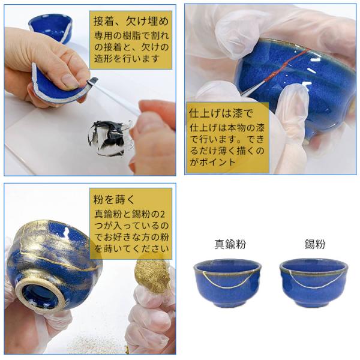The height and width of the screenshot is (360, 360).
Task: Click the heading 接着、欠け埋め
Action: (131, 21)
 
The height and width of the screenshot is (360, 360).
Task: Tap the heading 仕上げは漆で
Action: (221, 113)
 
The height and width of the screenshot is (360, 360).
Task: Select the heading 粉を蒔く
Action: (114, 199)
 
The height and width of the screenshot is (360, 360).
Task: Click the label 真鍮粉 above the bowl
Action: (230, 244)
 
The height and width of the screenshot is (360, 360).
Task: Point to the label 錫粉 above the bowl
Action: (315, 244)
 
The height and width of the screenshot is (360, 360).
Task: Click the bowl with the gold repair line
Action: (228, 283)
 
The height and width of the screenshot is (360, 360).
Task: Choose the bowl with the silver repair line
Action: (314, 283)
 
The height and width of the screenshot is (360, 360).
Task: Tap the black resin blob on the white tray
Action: (108, 138)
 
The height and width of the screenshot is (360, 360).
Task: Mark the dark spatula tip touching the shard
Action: (93, 81)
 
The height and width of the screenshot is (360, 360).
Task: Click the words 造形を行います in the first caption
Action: (127, 59)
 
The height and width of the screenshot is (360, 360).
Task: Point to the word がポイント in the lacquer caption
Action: (212, 162)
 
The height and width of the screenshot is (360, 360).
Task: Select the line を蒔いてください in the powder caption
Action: (131, 249)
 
